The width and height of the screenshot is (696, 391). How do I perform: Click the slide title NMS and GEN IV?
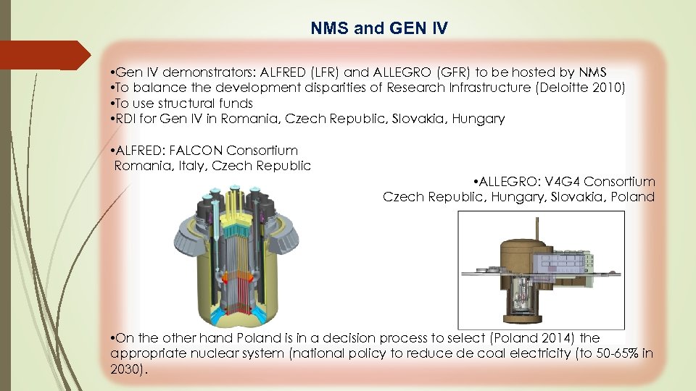(379, 29)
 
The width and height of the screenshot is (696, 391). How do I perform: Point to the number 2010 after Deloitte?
(604, 88)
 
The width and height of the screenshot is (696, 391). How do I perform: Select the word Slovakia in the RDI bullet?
(423, 119)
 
